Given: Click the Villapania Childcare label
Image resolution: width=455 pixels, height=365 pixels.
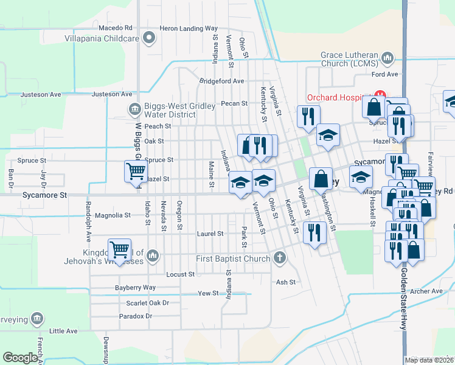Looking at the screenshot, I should pyautogui.click(x=102, y=38).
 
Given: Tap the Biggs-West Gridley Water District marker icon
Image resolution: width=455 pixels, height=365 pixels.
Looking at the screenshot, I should pyautogui.click(x=133, y=109).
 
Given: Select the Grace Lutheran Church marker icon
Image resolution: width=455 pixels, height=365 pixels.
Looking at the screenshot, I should pyautogui.click(x=387, y=58).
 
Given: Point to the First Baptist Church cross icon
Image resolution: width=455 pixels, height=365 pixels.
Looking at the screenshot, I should pyautogui.click(x=280, y=258).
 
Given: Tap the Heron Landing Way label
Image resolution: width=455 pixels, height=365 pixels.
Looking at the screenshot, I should pyautogui.click(x=189, y=29).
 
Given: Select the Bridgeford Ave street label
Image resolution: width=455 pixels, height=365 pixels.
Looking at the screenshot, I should pyautogui.click(x=221, y=81).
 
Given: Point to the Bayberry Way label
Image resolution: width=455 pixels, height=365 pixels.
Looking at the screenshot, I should pyautogui.click(x=136, y=288).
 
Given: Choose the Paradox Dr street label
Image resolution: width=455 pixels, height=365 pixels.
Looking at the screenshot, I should pyautogui.click(x=136, y=316).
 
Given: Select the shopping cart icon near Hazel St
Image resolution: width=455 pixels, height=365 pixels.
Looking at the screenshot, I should pyautogui.click(x=136, y=171).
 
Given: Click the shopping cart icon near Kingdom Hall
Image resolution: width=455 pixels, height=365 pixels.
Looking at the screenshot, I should pyautogui.click(x=119, y=249).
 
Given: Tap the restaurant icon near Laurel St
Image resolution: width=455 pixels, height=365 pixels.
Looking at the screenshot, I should pyautogui.click(x=314, y=233).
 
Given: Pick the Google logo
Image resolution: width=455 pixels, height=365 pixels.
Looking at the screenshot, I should pyautogui.click(x=20, y=358).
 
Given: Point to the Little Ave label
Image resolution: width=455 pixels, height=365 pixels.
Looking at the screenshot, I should pyautogui.click(x=64, y=331).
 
